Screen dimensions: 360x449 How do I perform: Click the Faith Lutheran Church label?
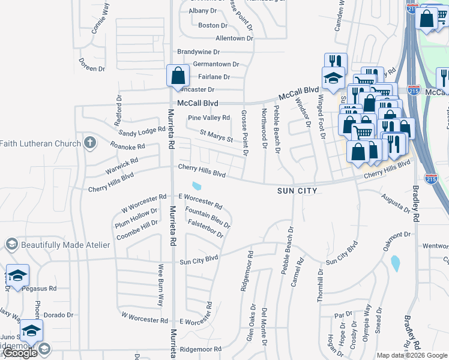pos(40,143)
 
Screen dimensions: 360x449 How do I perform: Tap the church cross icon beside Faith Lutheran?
pos(89,143)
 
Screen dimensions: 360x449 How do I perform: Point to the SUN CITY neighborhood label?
pos(297,190)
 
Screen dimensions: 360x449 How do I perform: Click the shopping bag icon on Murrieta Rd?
pos(178,76)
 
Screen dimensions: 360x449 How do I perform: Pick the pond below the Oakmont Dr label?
pos(394,263)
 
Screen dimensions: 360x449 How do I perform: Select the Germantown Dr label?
pos(215,64)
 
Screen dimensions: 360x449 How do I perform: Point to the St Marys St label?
pos(216,137)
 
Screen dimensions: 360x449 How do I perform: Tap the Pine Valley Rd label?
pos(209,118)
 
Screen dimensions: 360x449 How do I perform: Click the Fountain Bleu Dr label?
pos(208,218)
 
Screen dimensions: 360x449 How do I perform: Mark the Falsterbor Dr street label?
pos(205,229)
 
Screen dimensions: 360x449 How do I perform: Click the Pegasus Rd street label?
pos(39,288)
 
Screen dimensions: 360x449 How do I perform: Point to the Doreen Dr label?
pos(91,68)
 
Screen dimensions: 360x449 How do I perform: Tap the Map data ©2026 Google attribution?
pos(412,355)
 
